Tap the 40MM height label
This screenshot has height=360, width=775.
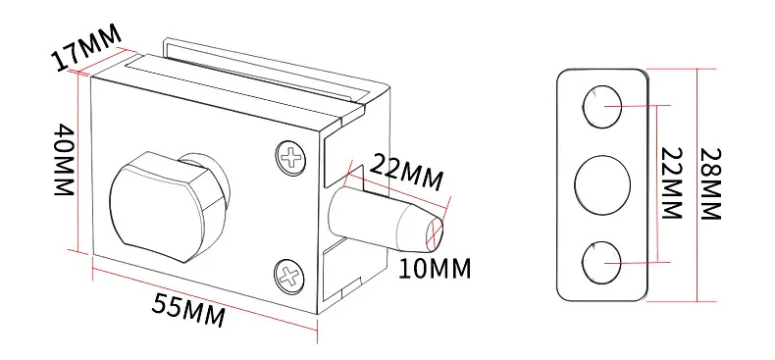[x=64, y=159]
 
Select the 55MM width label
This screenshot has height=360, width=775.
[x=188, y=310]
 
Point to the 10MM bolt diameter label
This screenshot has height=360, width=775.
[x=435, y=269]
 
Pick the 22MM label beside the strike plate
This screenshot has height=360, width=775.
[x=672, y=183]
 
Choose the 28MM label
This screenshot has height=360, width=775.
[x=711, y=184]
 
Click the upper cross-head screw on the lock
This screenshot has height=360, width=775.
[x=290, y=158]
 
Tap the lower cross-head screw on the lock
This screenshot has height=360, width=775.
[x=289, y=277]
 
